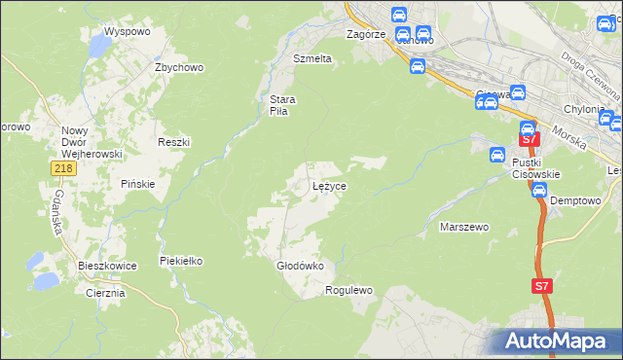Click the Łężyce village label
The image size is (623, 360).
[x=329, y=185]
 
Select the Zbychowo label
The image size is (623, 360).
[x=178, y=67]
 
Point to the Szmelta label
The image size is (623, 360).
[x=312, y=58]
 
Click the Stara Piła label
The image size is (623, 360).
[x=282, y=104]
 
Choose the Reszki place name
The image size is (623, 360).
[x=173, y=141]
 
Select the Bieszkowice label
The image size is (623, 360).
[x=107, y=265]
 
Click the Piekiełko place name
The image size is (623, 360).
[x=180, y=260]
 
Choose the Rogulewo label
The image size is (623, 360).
[x=349, y=290]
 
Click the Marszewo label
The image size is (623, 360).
[x=464, y=226]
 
